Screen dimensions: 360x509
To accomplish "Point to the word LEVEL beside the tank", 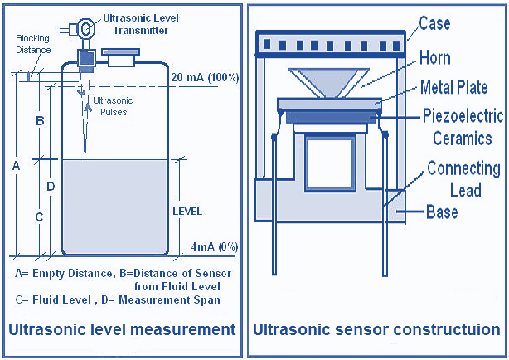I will (x=187, y=212).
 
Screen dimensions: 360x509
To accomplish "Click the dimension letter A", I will (x=16, y=166).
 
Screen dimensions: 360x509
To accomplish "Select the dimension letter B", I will (x=39, y=121).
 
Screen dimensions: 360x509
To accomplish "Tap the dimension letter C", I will (x=39, y=217).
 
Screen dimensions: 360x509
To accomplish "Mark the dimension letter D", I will (x=51, y=187).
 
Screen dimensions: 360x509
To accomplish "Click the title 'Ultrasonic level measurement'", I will (x=122, y=330).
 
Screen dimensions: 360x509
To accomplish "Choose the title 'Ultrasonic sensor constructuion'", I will (x=377, y=330).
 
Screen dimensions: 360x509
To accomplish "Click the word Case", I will (x=434, y=23).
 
